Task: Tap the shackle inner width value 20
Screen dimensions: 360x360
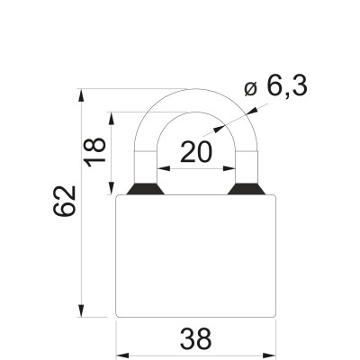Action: coord(196,153)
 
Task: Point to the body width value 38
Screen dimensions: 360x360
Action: coord(195,339)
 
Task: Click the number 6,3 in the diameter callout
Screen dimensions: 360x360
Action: coord(287,86)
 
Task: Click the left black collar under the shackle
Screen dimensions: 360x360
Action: coord(144,190)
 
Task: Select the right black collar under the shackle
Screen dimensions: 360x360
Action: coord(247,190)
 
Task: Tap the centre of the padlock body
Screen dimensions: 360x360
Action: coord(195,256)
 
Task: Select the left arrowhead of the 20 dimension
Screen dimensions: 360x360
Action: coord(163,168)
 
